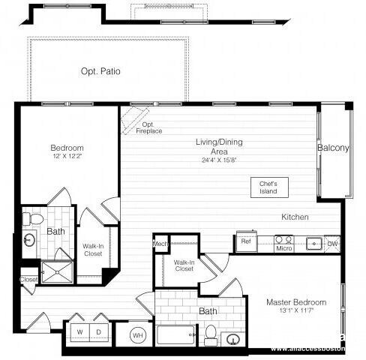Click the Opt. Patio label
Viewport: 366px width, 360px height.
click(x=100, y=72)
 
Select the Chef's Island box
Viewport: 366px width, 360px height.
click(x=268, y=187)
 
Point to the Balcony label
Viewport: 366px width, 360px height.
click(x=333, y=148)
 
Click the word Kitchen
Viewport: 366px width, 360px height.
click(x=295, y=217)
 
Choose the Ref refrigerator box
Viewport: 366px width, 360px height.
click(x=246, y=241)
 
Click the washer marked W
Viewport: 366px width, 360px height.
click(x=80, y=331)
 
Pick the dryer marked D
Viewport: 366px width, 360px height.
click(x=98, y=331)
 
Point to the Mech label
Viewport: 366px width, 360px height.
click(x=160, y=244)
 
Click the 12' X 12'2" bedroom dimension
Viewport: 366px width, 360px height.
click(x=67, y=157)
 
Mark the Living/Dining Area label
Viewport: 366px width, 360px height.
click(x=219, y=146)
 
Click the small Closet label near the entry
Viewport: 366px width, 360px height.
click(x=28, y=280)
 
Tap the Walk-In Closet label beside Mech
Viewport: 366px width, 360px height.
click(x=184, y=265)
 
